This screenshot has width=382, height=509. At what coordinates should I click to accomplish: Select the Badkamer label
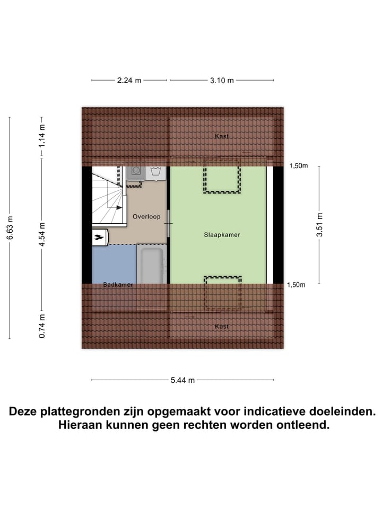coord(118,285)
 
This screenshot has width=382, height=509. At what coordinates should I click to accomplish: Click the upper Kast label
coord(222,136)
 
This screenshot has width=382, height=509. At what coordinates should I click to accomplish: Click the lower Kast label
coord(222,326)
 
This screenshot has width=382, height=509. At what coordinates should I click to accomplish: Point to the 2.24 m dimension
coord(129,81)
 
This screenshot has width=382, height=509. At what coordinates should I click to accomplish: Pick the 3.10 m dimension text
coord(221,81)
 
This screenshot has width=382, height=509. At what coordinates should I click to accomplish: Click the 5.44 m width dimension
coord(183,380)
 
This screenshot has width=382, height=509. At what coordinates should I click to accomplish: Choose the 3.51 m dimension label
coord(319,225)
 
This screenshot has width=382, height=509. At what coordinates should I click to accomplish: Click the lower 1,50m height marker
coord(297,285)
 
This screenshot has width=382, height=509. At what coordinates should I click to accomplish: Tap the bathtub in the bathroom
coord(151,264)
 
